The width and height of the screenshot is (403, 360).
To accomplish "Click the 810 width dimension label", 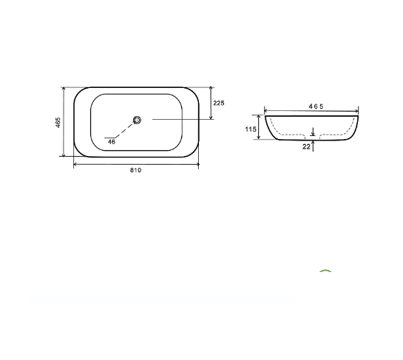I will point(135,171).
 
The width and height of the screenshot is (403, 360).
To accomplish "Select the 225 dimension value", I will point(219,103).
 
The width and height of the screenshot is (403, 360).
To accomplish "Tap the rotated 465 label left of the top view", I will point(58,122).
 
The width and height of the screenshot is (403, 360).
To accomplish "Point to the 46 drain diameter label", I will point(112,142).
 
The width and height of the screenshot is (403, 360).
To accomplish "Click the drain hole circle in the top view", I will point(137,120).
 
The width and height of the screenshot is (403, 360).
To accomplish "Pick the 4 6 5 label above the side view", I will point(316,107).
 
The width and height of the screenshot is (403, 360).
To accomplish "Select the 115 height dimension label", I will point(251,129).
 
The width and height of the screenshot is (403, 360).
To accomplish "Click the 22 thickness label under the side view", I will point(306,147).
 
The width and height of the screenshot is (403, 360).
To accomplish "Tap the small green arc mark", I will point(325,272).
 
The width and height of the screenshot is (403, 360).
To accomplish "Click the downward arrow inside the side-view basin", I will point(314,132).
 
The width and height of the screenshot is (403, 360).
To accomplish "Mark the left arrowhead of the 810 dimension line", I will point(75,165).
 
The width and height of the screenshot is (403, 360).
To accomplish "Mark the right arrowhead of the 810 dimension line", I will point(197,165).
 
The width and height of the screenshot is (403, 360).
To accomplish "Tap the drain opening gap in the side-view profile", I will point(313,137).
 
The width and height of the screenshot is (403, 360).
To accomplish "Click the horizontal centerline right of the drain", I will point(177,120).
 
